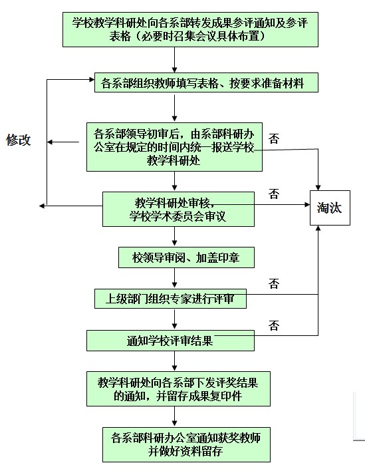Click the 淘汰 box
[x=330, y=208]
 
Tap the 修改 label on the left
[x=19, y=140]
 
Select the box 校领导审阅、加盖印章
[x=186, y=257]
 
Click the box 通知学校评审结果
[x=170, y=341]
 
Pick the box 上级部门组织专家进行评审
[x=170, y=299]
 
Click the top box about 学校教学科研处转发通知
[x=190, y=29]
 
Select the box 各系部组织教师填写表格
[x=206, y=82]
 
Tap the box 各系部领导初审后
[x=174, y=147]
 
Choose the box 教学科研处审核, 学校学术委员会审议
[x=178, y=210]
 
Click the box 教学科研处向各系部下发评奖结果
[x=178, y=389]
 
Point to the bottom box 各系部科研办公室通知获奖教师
[x=186, y=444]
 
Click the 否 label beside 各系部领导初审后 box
[x=274, y=138]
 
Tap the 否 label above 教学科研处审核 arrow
[x=274, y=194]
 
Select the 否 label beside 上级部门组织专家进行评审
[x=274, y=283]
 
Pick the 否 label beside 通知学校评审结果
[x=274, y=325]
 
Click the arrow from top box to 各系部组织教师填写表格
[x=174, y=60]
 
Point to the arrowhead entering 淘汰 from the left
[x=307, y=204]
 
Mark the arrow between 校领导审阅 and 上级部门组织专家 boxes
[x=174, y=278]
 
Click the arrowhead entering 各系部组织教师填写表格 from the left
[x=92, y=80]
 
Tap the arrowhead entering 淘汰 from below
[x=318, y=228]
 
